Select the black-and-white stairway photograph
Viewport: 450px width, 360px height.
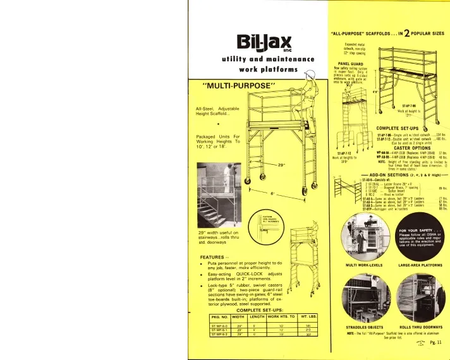coord(217,185)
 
